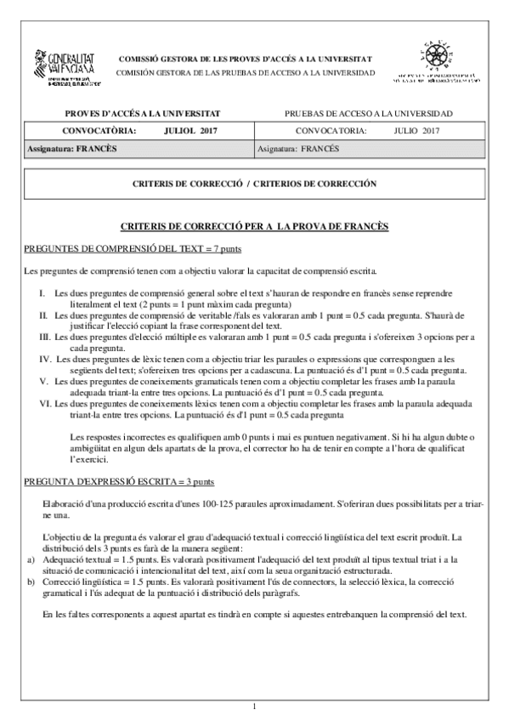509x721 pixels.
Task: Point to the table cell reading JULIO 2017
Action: (x=416, y=131)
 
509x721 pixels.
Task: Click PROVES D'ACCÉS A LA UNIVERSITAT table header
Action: (x=143, y=113)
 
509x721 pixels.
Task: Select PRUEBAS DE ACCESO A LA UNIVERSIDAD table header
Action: (x=368, y=113)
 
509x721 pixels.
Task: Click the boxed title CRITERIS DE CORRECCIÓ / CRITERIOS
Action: (x=255, y=184)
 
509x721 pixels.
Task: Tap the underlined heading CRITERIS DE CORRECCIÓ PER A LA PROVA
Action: (x=255, y=227)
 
